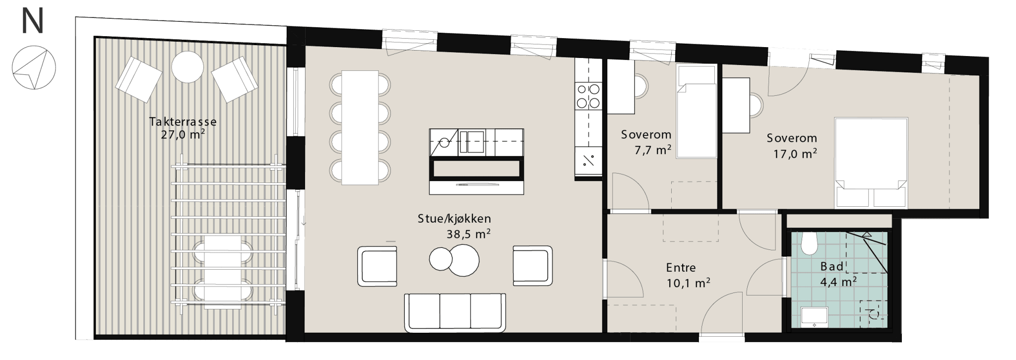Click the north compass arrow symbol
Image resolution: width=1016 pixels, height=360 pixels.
pyautogui.click(x=34, y=67)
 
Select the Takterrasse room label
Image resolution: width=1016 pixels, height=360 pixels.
pyautogui.click(x=183, y=121)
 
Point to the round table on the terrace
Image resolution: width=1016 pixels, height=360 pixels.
pyautogui.click(x=188, y=67)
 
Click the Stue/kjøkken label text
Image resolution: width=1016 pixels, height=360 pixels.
pyautogui.click(x=454, y=219)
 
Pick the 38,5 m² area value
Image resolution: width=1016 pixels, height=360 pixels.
pyautogui.click(x=468, y=234)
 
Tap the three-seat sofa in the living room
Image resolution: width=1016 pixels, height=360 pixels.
pyautogui.click(x=455, y=312)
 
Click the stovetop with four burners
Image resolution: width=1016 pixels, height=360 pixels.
pyautogui.click(x=588, y=96)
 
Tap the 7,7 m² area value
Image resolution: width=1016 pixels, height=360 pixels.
pyautogui.click(x=653, y=149)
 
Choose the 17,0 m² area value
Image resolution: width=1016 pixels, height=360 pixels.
pyautogui.click(x=795, y=154)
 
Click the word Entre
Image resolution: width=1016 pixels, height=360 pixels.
pyautogui.click(x=681, y=268)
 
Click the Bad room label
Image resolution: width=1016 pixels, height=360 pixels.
pyautogui.click(x=832, y=266)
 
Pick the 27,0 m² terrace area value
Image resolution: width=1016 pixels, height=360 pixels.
pyautogui.click(x=183, y=134)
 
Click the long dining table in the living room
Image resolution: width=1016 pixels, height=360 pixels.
pyautogui.click(x=360, y=127)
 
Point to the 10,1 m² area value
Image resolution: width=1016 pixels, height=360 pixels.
pyautogui.click(x=688, y=283)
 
